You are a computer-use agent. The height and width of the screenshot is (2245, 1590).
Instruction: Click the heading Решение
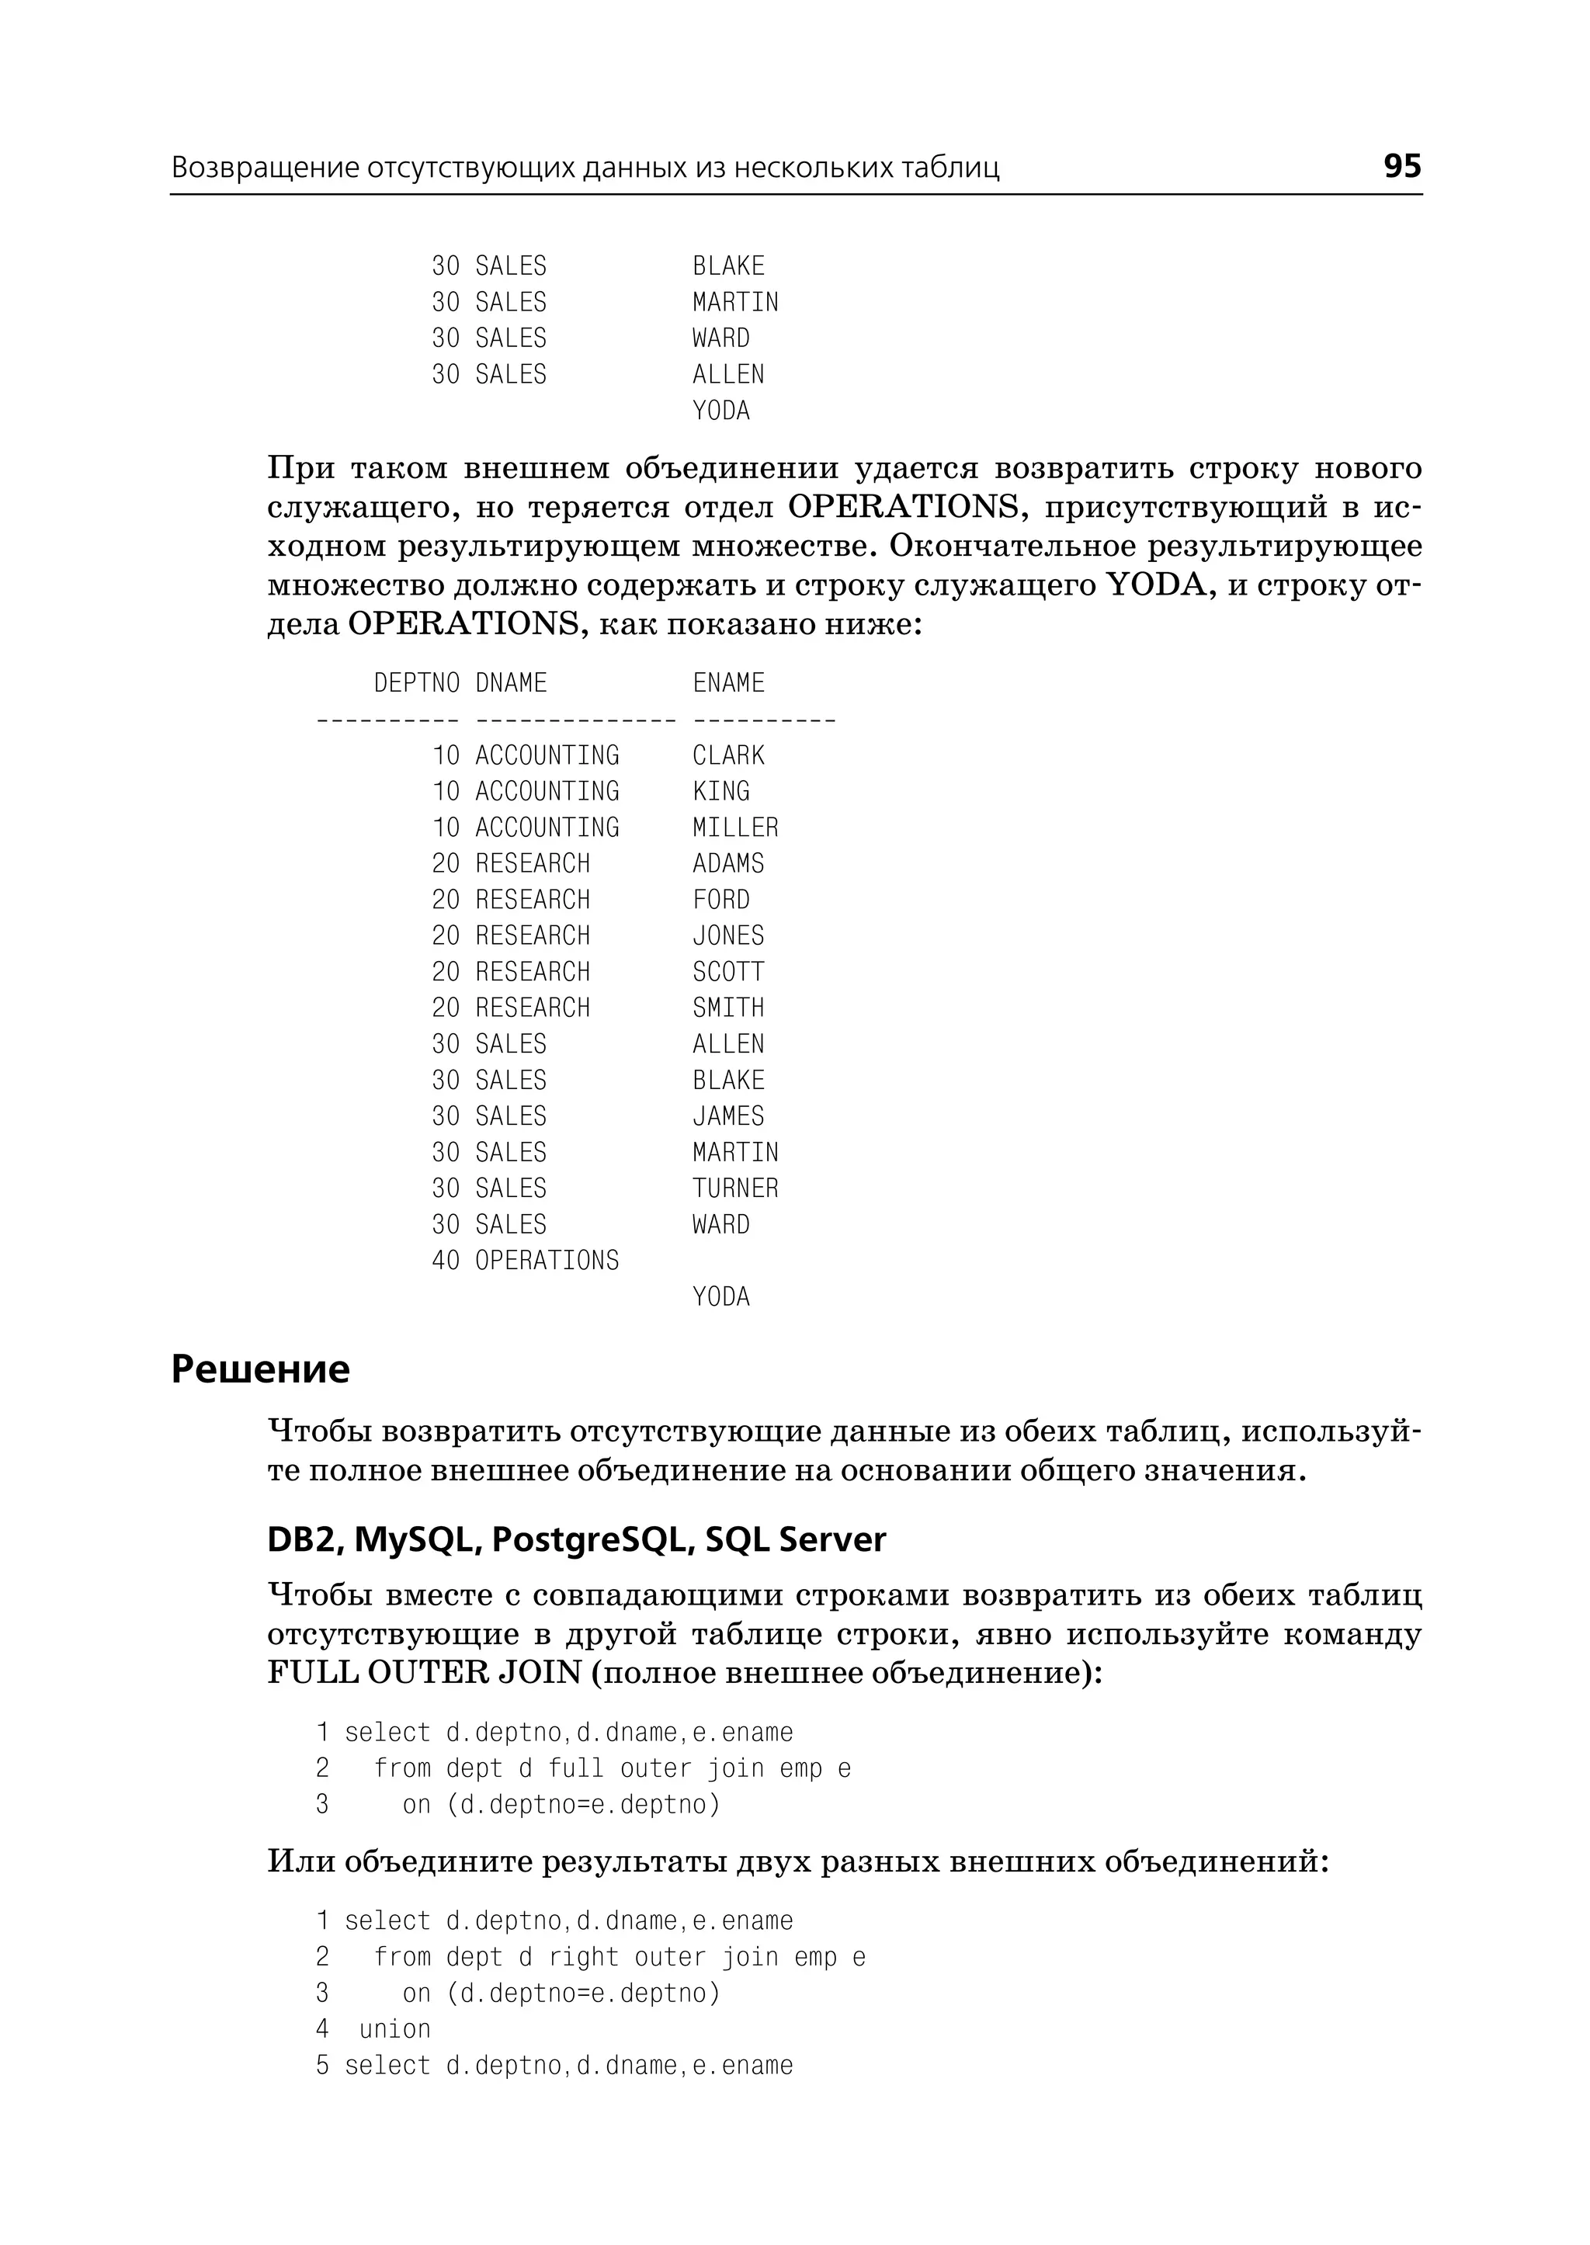260,1369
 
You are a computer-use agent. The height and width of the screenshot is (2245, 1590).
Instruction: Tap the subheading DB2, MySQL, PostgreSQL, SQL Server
576,1539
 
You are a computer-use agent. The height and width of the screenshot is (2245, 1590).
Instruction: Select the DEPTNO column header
416,682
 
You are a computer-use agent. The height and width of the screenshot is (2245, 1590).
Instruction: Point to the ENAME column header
727,682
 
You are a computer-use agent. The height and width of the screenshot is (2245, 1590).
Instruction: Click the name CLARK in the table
727,755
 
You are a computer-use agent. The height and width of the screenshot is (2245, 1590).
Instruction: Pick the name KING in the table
720,791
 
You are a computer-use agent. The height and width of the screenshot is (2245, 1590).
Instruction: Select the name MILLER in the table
735,828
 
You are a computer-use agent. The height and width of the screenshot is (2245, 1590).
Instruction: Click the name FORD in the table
720,900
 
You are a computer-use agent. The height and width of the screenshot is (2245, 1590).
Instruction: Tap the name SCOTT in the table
727,972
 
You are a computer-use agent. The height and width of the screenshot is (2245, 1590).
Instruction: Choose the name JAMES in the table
727,1116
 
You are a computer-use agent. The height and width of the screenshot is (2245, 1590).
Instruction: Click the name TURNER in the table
735,1188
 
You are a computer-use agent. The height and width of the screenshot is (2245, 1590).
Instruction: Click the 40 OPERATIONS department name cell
547,1260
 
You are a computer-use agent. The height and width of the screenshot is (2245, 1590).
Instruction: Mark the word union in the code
394,2028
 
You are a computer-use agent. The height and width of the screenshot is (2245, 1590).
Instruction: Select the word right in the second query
584,1956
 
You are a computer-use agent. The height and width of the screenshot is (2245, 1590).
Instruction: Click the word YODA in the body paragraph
1154,585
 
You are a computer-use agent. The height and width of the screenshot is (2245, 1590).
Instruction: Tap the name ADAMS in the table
727,863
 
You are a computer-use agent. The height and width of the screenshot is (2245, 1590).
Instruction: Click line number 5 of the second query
322,2065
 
